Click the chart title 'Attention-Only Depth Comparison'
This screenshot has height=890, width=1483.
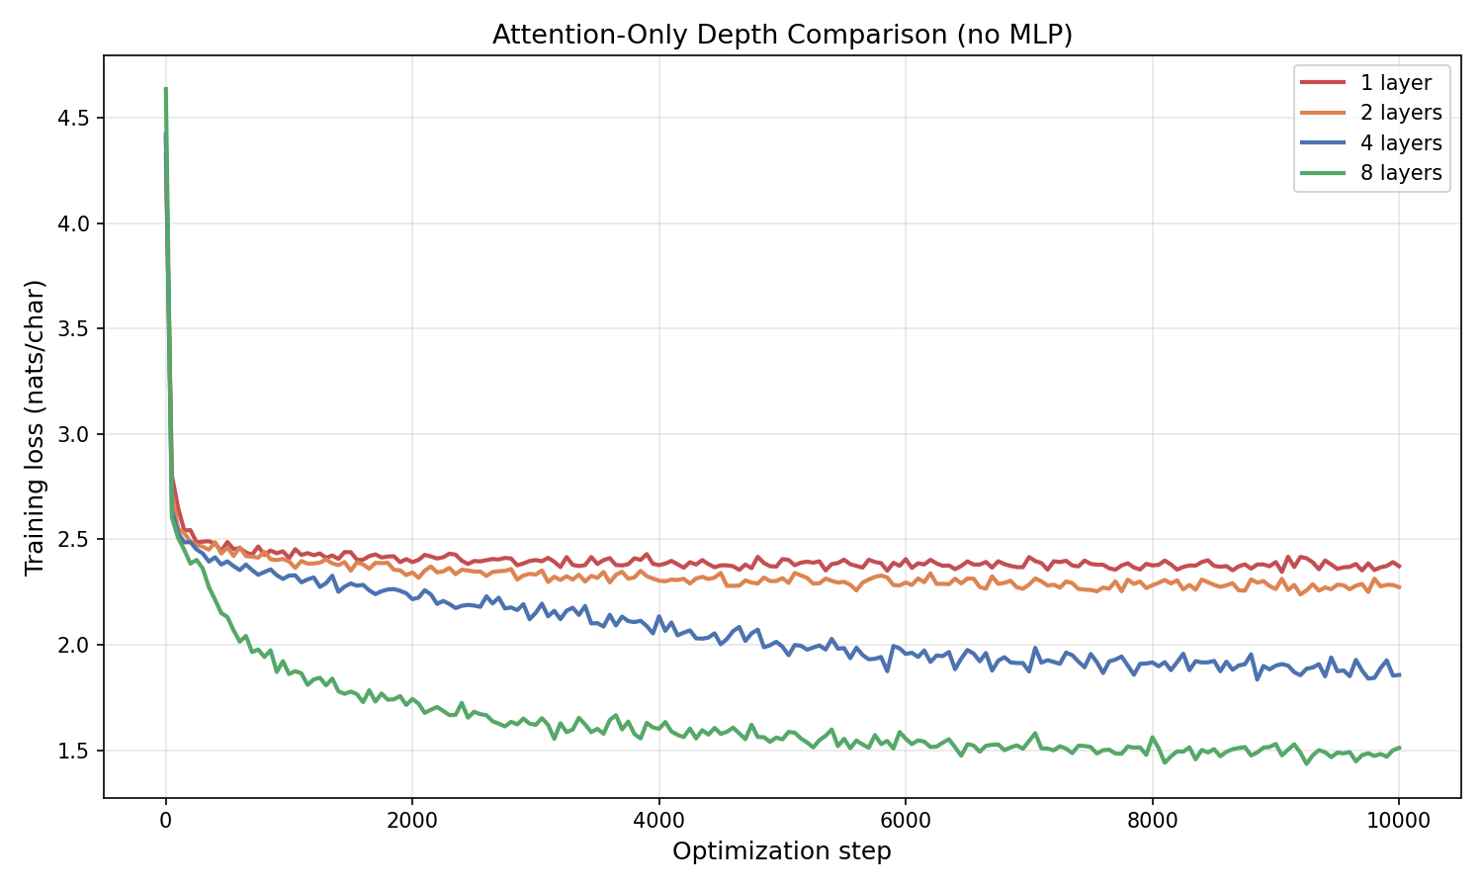point(782,35)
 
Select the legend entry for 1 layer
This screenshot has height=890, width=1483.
point(1395,83)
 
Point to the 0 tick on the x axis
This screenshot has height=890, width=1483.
point(165,819)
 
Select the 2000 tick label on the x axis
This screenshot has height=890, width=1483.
point(412,819)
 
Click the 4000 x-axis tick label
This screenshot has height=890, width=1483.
point(658,819)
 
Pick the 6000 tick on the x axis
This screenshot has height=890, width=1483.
point(906,819)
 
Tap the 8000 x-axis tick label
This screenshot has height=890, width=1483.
point(1152,819)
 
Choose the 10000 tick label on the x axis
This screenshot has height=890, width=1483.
point(1398,819)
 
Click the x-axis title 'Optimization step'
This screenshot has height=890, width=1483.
point(782,851)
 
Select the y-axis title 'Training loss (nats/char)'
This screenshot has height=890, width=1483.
point(36,427)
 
